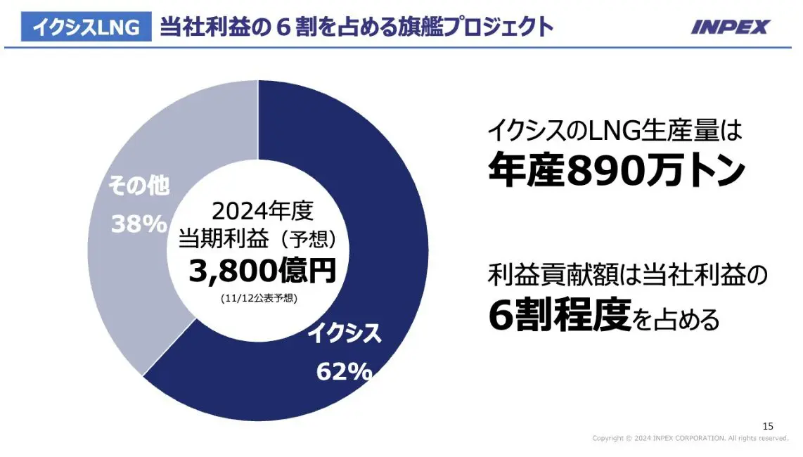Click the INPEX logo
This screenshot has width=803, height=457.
[x=730, y=27]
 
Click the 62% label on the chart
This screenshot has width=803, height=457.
[x=344, y=371]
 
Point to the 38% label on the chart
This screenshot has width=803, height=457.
[x=139, y=224]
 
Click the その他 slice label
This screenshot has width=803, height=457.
[x=139, y=186]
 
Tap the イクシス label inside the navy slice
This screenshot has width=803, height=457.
[x=345, y=333]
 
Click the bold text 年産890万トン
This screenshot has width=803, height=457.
[x=615, y=171]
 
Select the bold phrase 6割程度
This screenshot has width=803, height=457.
[x=558, y=318]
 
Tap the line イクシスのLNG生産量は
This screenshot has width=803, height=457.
[x=615, y=131]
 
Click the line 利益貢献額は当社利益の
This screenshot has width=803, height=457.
[x=626, y=275]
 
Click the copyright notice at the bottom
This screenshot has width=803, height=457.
[x=690, y=438]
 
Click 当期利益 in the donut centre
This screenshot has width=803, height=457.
[x=223, y=239]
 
